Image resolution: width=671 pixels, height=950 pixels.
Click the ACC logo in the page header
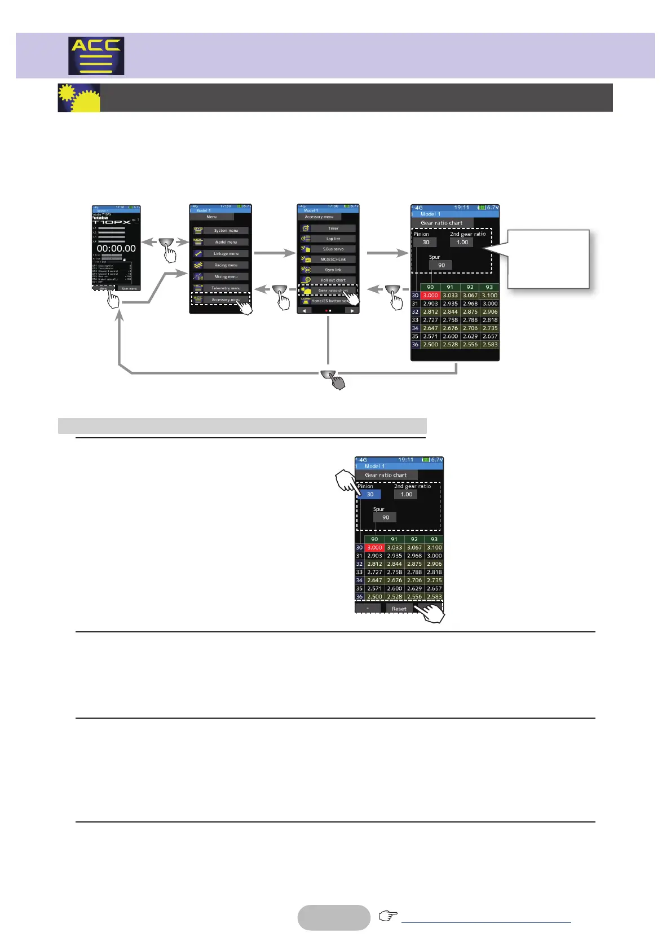pos(96,56)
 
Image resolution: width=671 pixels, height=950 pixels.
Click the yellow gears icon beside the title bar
pos(79,98)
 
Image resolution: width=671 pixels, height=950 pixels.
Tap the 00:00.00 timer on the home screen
pos(116,248)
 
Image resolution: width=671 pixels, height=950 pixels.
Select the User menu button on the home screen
pos(129,288)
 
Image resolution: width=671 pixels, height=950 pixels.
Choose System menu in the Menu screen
pos(226,231)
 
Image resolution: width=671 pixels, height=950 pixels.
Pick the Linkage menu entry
pos(226,254)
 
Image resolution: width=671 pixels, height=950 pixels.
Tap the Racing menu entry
pos(226,265)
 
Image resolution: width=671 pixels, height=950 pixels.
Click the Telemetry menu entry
pos(226,288)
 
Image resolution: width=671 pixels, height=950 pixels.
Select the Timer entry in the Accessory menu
pos(333,228)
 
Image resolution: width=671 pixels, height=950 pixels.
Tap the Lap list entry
pos(333,239)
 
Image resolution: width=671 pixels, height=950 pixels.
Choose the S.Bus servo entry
pos(333,249)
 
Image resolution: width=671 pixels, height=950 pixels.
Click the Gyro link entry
pos(333,270)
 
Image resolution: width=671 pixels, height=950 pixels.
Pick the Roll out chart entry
pos(333,280)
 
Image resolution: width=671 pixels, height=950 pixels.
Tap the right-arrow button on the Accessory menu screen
pos(352,311)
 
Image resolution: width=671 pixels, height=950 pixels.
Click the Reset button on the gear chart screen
pos(399,609)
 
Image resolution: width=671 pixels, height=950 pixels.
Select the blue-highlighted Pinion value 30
pos(370,494)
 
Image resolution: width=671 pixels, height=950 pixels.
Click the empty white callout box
pos(548,260)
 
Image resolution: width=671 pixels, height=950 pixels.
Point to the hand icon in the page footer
pos(388,916)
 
